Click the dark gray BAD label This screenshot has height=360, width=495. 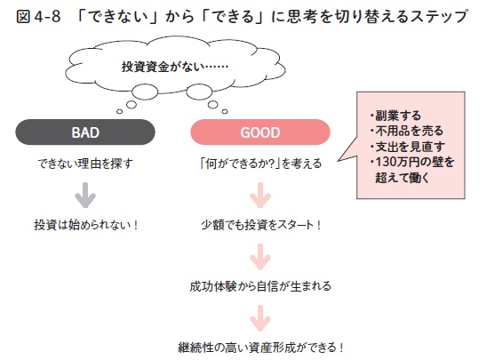point(85,132)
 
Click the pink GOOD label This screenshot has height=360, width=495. point(259,132)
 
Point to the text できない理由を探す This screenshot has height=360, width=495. point(85,164)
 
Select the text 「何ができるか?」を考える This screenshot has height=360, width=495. point(260,164)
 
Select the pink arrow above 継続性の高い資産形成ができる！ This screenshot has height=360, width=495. point(260,316)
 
